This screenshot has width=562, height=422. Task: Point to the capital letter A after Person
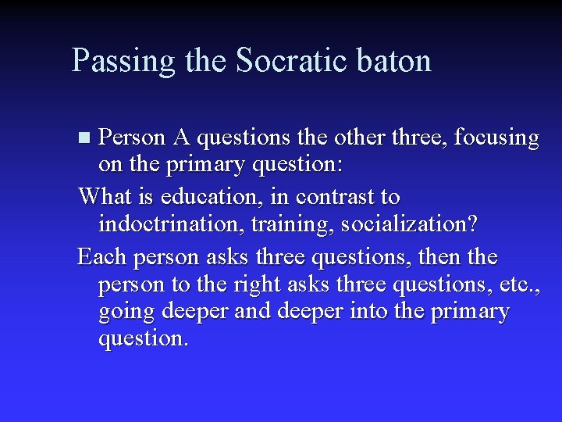[x=181, y=138]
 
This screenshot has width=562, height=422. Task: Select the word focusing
[x=496, y=139]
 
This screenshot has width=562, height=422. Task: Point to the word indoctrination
[x=165, y=225]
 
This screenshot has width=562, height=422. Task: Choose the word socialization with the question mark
[x=400, y=225]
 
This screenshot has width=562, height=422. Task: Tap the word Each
[x=105, y=256]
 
